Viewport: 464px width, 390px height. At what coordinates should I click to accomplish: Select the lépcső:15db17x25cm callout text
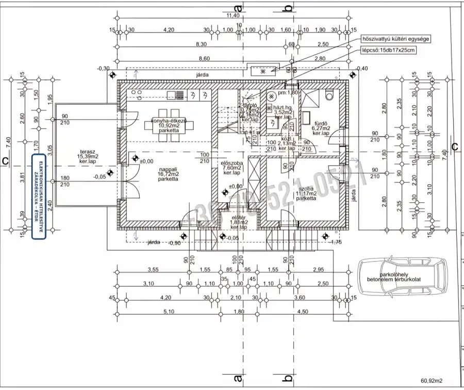[x=388, y=51]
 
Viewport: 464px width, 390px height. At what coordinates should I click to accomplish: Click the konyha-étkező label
[x=169, y=125]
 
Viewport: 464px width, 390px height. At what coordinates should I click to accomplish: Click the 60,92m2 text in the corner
[x=432, y=381]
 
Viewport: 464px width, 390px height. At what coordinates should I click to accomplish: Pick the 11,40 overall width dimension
[x=233, y=15]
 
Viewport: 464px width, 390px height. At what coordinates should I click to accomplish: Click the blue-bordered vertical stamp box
[x=39, y=197]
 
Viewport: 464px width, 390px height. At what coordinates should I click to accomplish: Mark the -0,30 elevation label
[x=103, y=68]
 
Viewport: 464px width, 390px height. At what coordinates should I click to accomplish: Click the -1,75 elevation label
[x=336, y=242]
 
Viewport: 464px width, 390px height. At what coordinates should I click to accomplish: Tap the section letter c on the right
[x=454, y=147]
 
